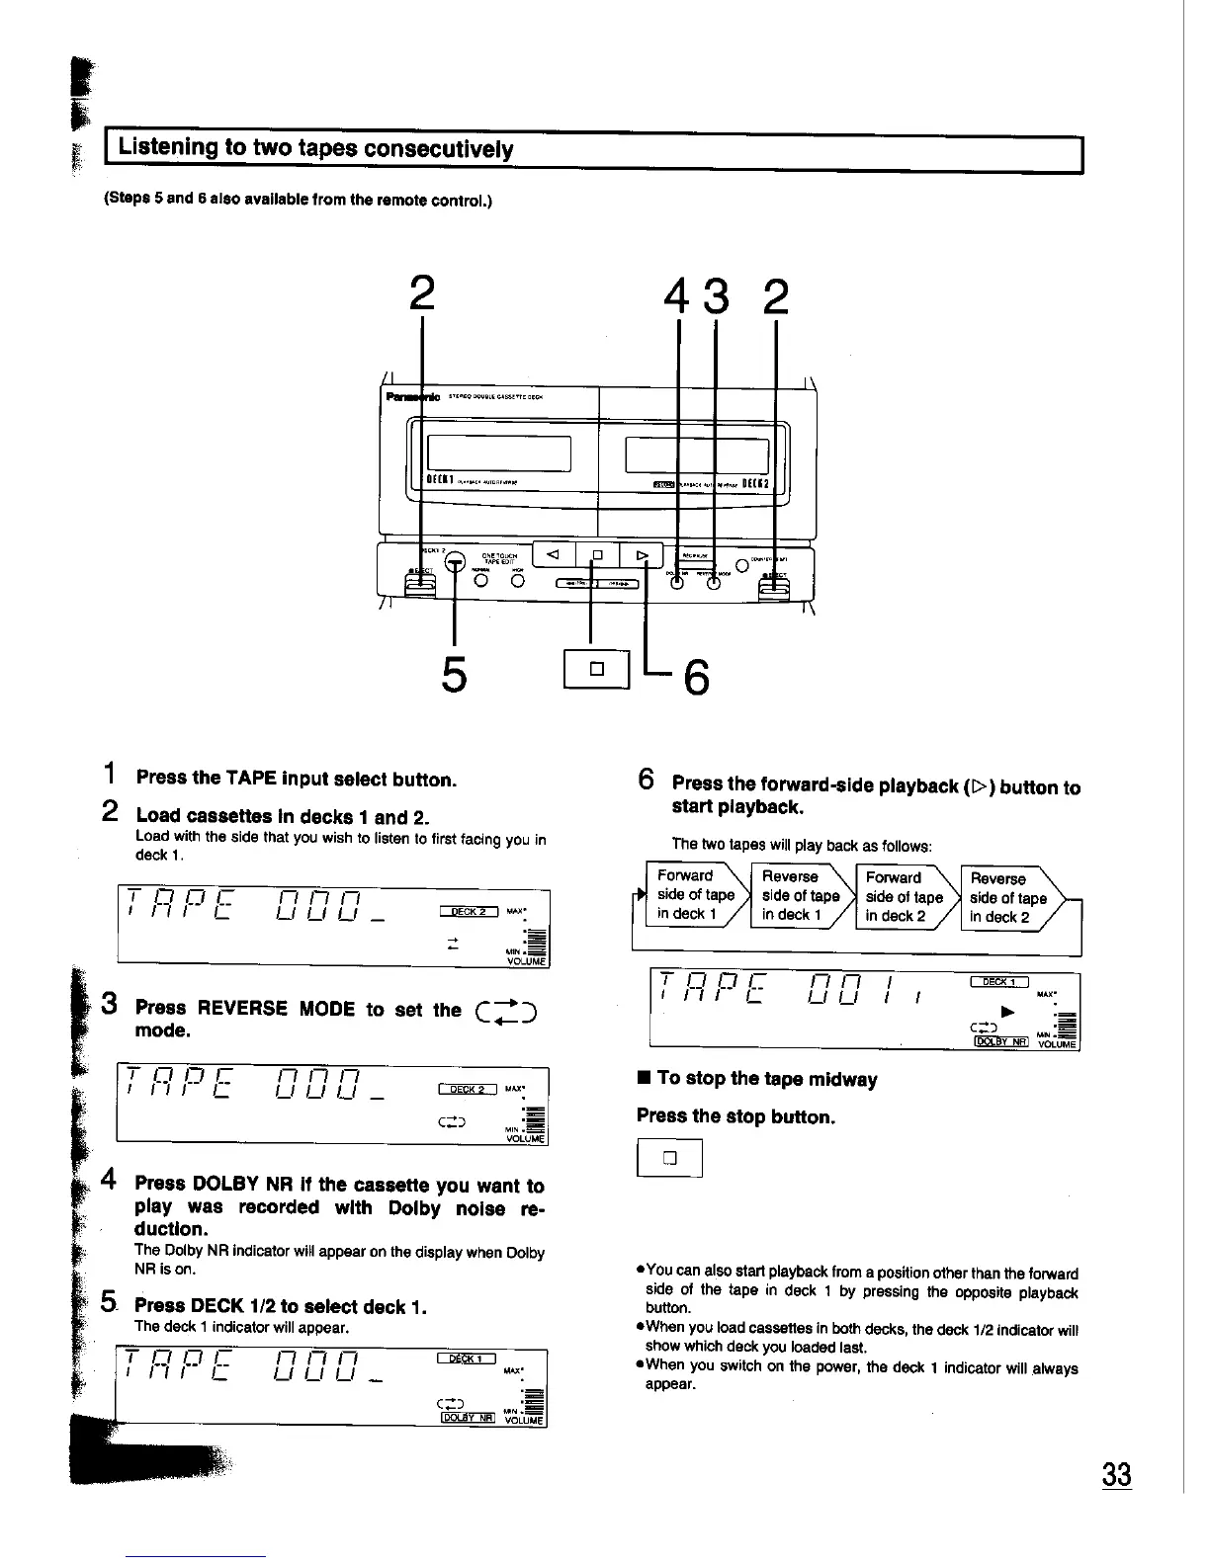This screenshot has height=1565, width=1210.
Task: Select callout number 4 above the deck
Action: click(677, 296)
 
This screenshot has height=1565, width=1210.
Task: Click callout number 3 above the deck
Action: click(718, 296)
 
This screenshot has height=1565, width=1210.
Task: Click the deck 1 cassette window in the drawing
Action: click(500, 453)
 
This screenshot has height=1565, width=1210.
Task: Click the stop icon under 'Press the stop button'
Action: click(669, 1158)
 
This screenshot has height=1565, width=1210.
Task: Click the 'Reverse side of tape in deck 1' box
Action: click(800, 895)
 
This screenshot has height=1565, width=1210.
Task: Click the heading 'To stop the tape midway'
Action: click(766, 1079)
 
